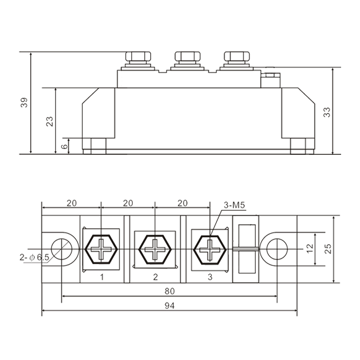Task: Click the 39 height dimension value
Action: [24, 103]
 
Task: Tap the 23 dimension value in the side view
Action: [49, 121]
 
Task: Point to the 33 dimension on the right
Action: [327, 112]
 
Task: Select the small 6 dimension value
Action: [65, 146]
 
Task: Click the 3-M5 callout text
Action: [234, 205]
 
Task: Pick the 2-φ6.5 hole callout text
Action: [35, 257]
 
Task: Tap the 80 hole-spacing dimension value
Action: [170, 291]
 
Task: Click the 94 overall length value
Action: [170, 306]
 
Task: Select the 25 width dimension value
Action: [328, 249]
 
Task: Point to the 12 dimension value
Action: [310, 249]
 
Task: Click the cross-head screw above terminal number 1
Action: [101, 249]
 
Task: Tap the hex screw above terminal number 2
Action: [155, 249]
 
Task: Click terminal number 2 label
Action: [155, 277]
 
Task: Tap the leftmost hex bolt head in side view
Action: [138, 56]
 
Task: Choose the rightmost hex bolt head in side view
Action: [237, 56]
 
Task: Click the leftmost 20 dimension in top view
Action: [72, 203]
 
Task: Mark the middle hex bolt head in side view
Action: [187, 56]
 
